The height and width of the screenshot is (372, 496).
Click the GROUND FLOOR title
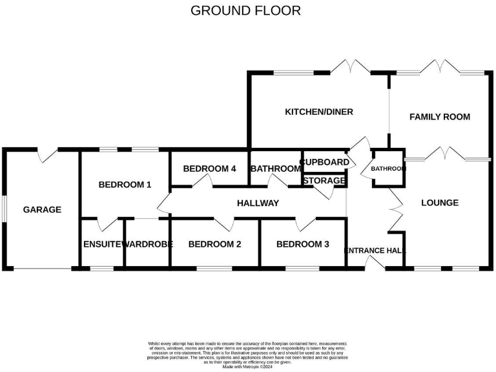point(245,11)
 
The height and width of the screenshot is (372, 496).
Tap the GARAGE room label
point(42,209)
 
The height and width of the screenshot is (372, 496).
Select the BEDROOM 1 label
point(125,185)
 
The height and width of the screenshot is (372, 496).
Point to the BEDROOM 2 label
point(214,244)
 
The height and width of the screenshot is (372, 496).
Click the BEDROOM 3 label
point(302,244)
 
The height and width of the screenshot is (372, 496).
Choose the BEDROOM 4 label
point(209,169)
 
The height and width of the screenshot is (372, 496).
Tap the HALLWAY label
point(258,203)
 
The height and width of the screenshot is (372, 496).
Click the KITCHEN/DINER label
point(319,112)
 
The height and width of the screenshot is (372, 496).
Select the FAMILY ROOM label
point(439,117)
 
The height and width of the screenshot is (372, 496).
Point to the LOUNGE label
point(439,203)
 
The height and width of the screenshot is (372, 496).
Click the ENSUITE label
point(102,244)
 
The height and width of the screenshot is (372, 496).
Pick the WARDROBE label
point(147,244)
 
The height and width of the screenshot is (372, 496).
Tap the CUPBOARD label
point(325,161)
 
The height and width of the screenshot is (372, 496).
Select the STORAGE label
point(324,181)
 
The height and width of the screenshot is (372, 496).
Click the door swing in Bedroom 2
point(224,224)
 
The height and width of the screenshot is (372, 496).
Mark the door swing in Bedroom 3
point(305,224)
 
